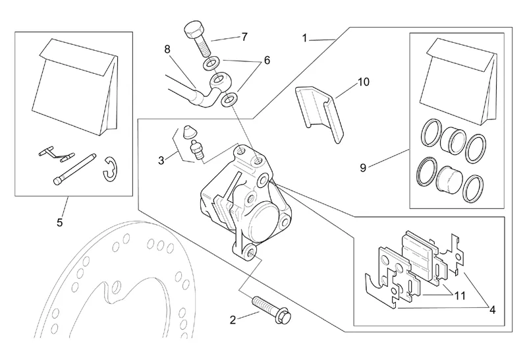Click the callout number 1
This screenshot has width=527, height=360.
(x=305, y=38)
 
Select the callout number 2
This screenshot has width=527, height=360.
(x=232, y=321)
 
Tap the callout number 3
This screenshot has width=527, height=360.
(x=161, y=160)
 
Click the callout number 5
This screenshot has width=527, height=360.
(x=59, y=222)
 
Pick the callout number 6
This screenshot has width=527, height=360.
(x=267, y=59)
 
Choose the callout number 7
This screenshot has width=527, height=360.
(x=244, y=37)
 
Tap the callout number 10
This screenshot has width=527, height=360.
(x=364, y=82)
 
